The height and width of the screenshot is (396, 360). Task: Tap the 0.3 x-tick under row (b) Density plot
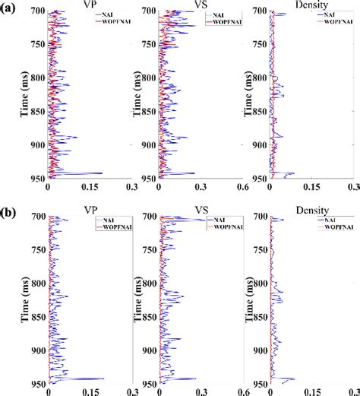pos(352,386)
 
